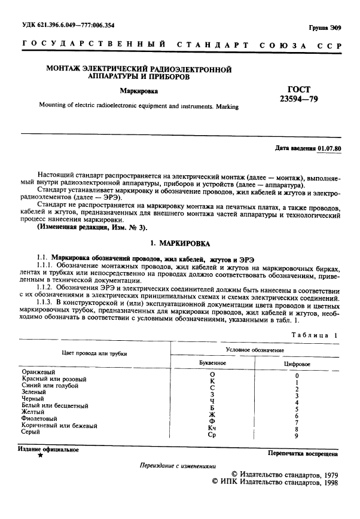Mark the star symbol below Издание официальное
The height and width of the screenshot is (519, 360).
40,456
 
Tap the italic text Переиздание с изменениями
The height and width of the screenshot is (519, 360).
178,466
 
